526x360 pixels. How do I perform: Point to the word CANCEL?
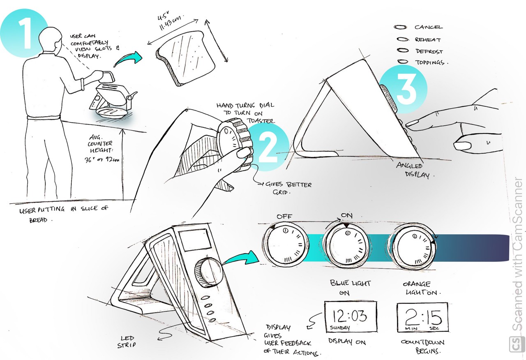428,27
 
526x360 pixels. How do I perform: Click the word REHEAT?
427,40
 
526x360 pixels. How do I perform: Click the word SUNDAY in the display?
340,328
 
